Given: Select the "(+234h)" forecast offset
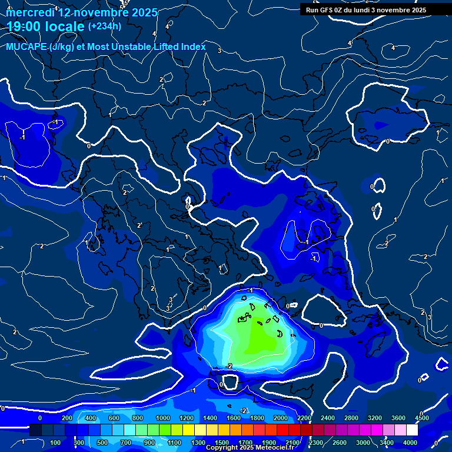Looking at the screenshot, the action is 104,26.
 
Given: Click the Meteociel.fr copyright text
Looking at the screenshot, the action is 249,448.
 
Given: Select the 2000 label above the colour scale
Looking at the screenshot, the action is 280,418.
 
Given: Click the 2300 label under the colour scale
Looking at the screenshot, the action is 315,443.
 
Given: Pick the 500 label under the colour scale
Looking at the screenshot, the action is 102,443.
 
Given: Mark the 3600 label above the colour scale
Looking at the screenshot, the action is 398,418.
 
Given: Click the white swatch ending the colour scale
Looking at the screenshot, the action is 412,430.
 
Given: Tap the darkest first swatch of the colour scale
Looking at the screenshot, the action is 35,430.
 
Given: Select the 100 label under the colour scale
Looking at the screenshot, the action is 55,443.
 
